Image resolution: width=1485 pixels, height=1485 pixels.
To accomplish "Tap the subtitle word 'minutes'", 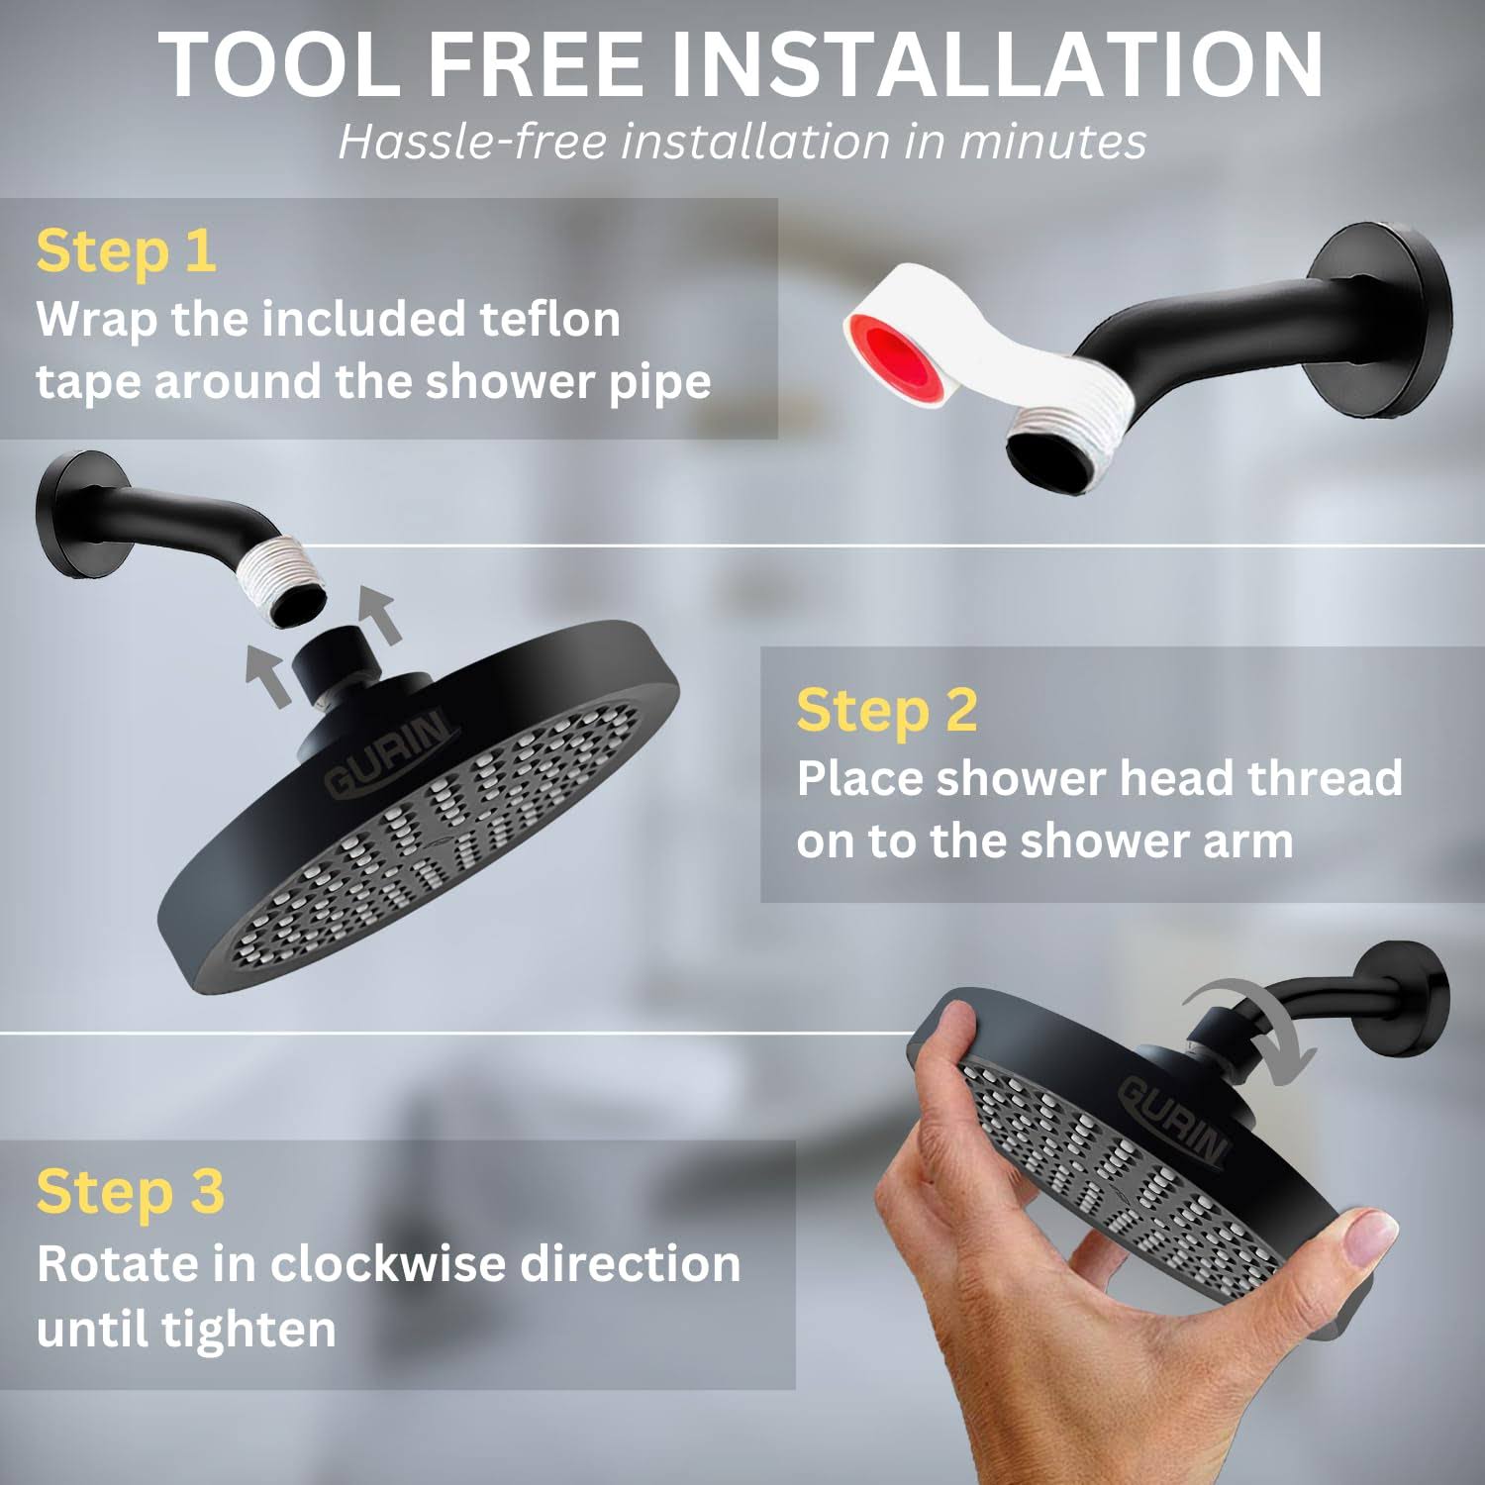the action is (x=1051, y=141).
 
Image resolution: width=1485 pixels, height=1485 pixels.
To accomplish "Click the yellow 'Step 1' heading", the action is (x=126, y=251).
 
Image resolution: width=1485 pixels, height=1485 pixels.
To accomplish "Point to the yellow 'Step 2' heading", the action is (x=887, y=711).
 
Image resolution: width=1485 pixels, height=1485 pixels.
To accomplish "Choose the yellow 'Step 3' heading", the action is (x=131, y=1192).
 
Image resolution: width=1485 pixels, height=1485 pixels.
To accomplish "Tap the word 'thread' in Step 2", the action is (x=1325, y=778).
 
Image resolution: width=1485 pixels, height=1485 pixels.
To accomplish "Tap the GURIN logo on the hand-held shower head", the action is (x=1174, y=1119).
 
